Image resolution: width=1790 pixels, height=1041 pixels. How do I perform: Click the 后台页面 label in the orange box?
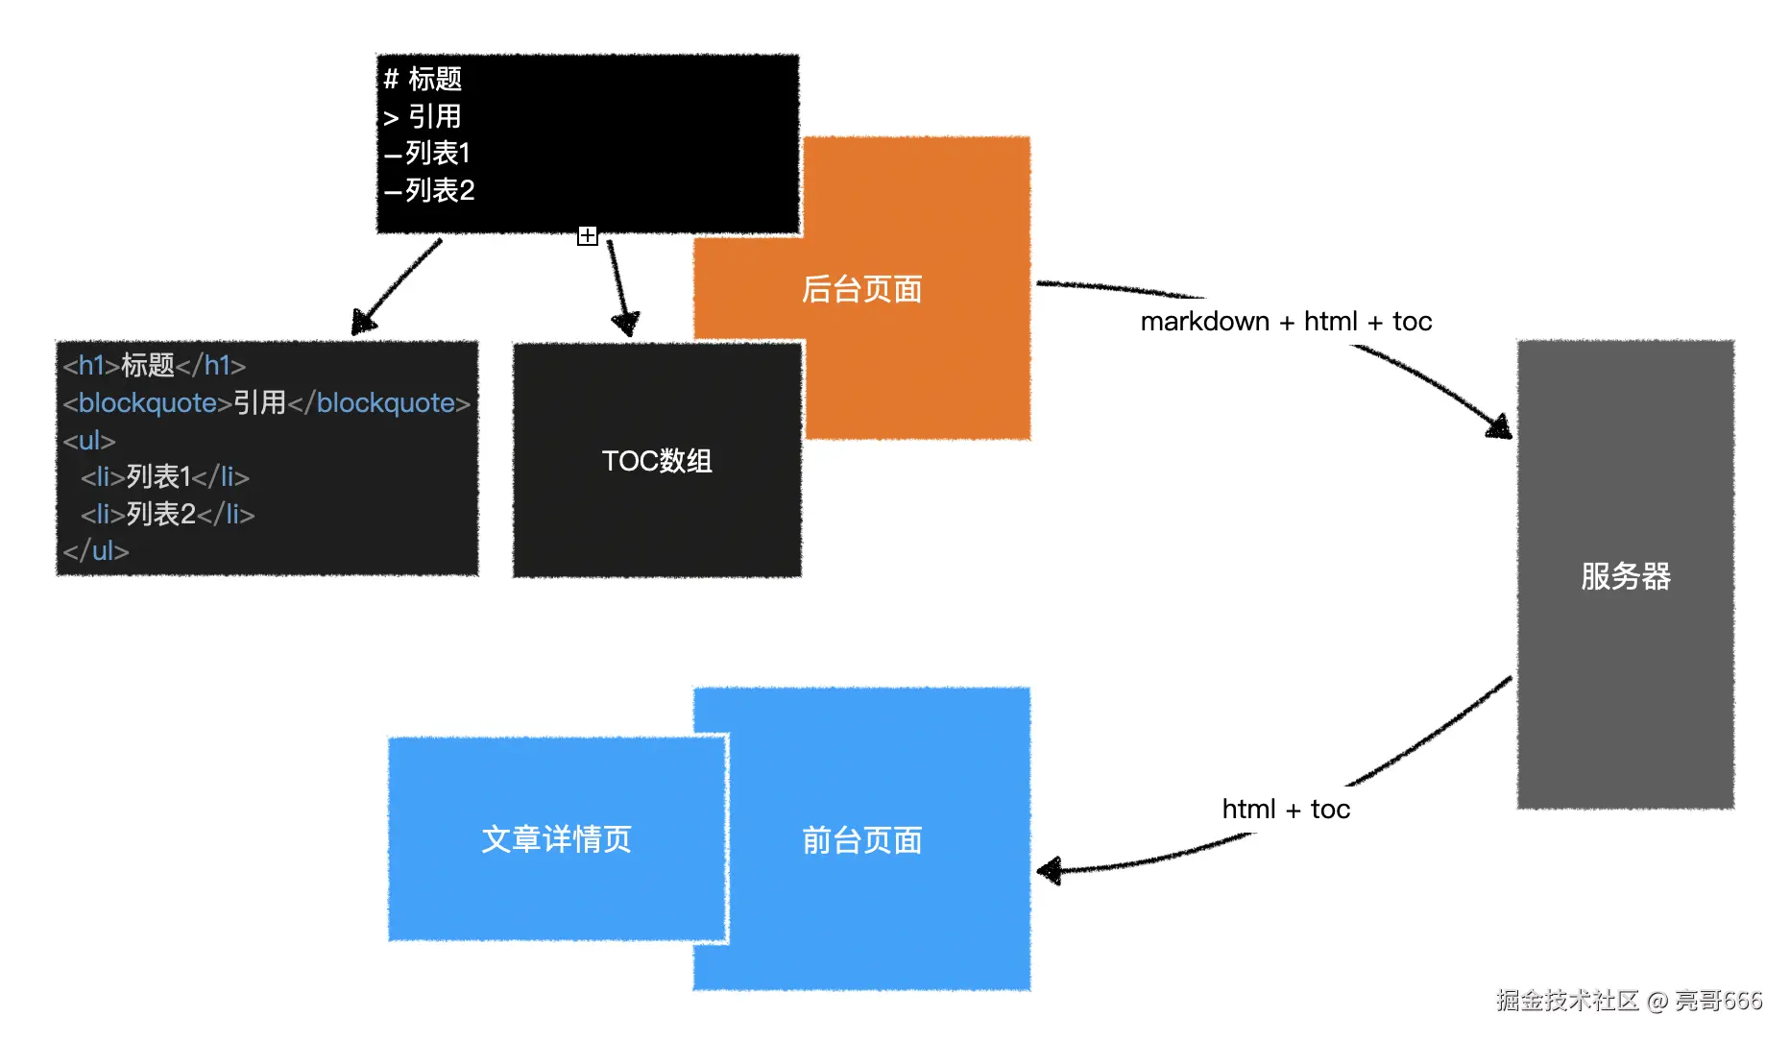[x=861, y=289]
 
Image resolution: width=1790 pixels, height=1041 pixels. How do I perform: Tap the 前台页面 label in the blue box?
[x=861, y=840]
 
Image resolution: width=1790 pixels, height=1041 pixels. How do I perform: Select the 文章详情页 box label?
[x=556, y=839]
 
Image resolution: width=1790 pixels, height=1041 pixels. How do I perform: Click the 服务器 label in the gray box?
[x=1625, y=576]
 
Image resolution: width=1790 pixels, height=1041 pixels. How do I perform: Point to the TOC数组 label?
[x=657, y=461]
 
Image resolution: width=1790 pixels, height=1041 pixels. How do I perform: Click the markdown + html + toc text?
[x=1285, y=322]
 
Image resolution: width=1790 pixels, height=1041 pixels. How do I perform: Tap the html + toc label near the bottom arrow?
[x=1285, y=810]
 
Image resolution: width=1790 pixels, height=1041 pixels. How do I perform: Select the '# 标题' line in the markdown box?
[x=423, y=79]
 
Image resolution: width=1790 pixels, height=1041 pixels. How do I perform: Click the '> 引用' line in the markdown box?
[x=423, y=117]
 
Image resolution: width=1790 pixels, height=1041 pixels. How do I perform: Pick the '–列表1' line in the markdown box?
[x=427, y=154]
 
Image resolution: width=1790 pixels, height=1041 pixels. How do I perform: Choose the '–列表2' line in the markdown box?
[x=429, y=191]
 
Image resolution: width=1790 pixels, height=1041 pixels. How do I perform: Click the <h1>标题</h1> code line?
[x=155, y=366]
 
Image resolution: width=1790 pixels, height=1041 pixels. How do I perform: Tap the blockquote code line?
[x=267, y=403]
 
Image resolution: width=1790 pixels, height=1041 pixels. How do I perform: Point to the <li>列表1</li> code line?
[x=165, y=477]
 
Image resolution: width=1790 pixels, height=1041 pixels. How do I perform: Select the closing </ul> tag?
[x=96, y=551]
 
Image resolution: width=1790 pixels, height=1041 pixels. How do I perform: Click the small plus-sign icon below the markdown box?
[x=588, y=235]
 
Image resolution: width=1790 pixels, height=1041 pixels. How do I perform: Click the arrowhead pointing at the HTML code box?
[x=362, y=323]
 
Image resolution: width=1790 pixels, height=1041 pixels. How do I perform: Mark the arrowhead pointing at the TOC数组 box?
[x=626, y=324]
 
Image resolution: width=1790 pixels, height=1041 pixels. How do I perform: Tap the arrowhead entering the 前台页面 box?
[x=1049, y=871]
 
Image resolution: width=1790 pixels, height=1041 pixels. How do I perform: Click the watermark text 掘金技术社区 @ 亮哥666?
[x=1629, y=1001]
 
